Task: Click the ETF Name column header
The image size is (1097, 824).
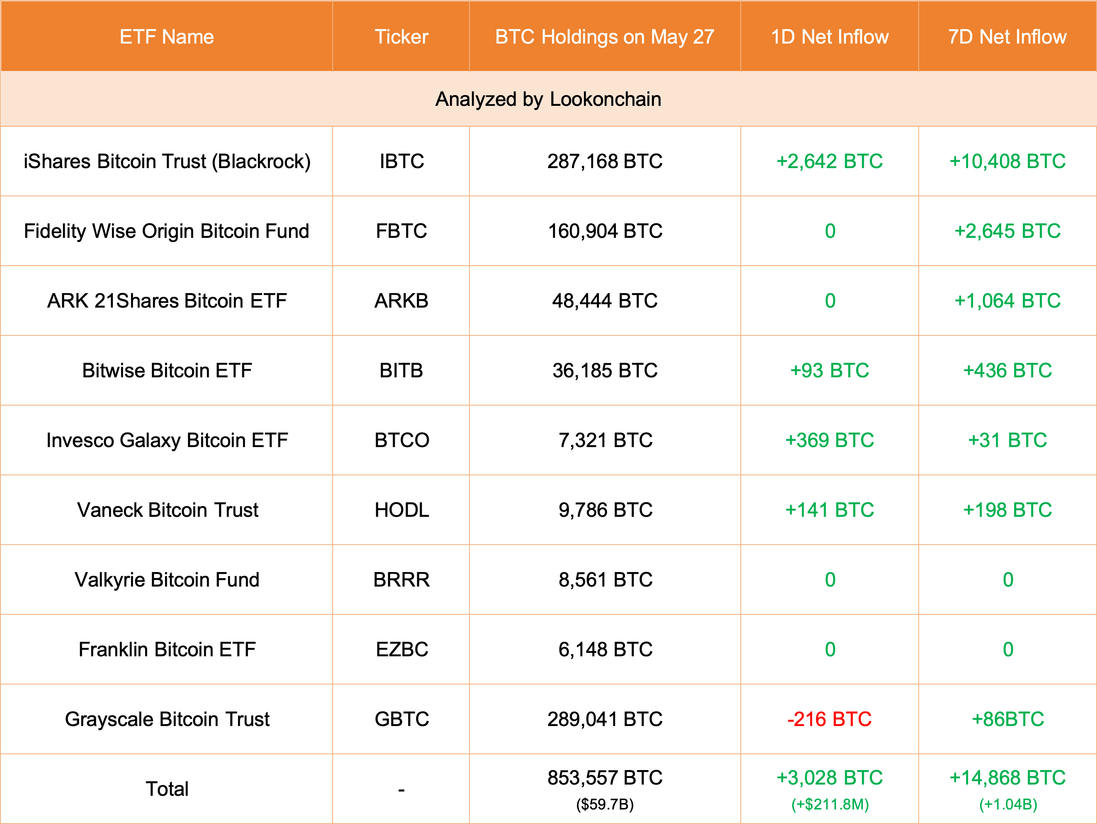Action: [167, 37]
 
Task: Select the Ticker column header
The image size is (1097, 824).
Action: [401, 37]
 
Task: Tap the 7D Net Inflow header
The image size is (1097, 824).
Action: [1007, 37]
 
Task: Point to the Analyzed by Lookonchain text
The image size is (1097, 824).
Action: [548, 99]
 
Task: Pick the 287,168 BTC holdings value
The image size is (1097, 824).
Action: [605, 161]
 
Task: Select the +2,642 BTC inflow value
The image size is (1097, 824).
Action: [829, 161]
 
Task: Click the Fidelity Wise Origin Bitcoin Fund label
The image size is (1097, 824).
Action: [167, 231]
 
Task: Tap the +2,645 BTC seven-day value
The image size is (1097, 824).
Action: [1007, 231]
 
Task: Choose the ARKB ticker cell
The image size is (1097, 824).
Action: [401, 301]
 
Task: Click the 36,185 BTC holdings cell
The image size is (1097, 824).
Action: [605, 371]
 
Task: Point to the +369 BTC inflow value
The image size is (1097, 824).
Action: [829, 440]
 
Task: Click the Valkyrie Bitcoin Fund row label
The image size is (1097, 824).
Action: [167, 580]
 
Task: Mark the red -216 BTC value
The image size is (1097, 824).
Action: [829, 719]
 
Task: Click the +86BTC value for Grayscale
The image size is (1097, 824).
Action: [1007, 719]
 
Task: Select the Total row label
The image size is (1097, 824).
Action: [167, 789]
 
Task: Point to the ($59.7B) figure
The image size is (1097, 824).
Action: [605, 804]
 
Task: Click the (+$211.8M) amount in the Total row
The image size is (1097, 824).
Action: [829, 804]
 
